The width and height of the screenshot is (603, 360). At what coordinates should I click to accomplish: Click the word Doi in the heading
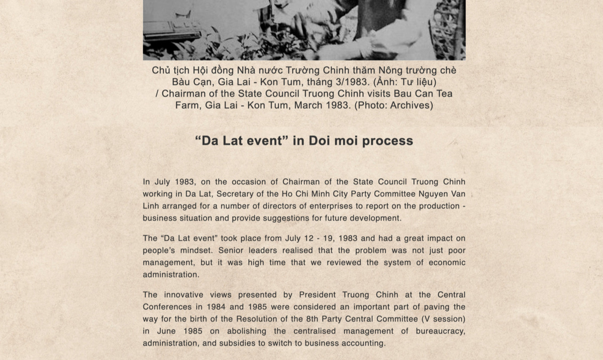point(319,141)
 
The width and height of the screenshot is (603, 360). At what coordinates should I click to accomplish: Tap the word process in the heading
point(387,141)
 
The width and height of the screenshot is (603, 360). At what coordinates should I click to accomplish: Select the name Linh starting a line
point(151,206)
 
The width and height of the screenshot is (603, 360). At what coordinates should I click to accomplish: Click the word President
point(319,295)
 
